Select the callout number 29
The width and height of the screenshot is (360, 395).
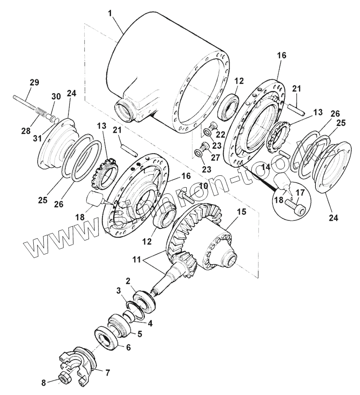pos(34,82)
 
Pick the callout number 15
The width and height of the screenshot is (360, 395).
pos(241,212)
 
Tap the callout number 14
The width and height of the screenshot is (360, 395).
pos(265,166)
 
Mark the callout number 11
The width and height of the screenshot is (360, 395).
pos(137,260)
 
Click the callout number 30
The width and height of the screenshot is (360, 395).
pos(56,97)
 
